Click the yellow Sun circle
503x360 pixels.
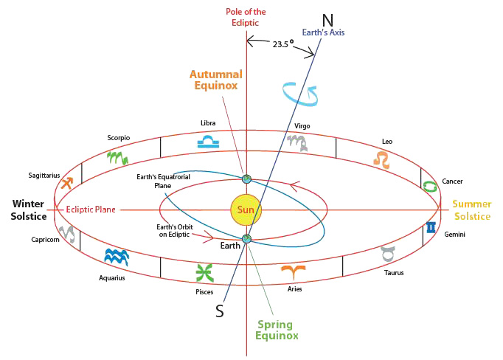246,210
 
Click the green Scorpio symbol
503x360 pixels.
117,156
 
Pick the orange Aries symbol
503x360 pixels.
294,271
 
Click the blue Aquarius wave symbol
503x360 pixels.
117,256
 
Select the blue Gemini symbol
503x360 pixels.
430,228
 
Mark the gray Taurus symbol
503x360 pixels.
388,254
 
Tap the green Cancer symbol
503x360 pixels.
429,184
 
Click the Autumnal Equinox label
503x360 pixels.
215,80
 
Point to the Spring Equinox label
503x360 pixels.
276,330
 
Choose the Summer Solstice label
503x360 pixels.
471,210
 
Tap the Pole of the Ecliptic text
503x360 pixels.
246,17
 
